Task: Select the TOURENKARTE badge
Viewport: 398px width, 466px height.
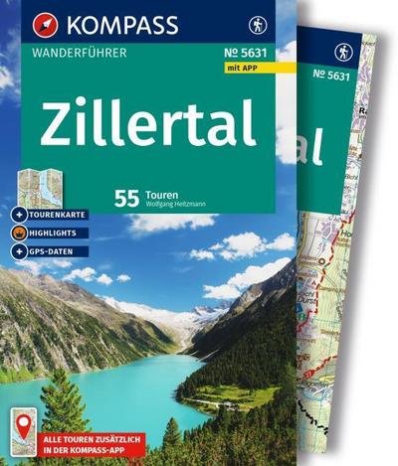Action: coord(54,217)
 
